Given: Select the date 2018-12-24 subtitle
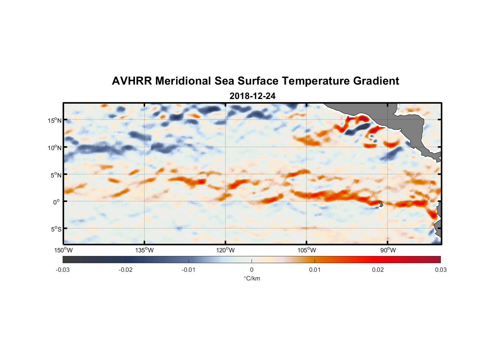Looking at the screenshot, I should point(252,96).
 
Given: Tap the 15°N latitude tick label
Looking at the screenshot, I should point(55,120).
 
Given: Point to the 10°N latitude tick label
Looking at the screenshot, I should point(55,148).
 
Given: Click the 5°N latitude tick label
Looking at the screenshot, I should point(56,175).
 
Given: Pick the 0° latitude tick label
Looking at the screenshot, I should point(57,202).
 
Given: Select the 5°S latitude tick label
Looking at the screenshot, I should point(56,229).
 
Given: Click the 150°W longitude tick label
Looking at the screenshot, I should point(64,250).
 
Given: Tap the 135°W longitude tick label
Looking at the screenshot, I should point(145,250).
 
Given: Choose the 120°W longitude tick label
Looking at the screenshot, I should point(226,250).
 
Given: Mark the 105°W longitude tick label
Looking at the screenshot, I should point(307,250).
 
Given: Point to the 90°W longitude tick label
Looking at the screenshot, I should point(388,250).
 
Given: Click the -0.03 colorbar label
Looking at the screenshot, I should point(63,270).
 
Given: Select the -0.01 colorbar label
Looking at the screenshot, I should point(188,270).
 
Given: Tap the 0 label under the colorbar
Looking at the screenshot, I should point(252,270).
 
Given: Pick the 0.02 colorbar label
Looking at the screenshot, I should point(378,270).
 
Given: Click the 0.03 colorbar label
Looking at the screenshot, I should point(440,270).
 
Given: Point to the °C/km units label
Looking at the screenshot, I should point(252,278).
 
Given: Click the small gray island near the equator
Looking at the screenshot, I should point(381,204).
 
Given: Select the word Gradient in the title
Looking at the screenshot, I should point(376,81).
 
